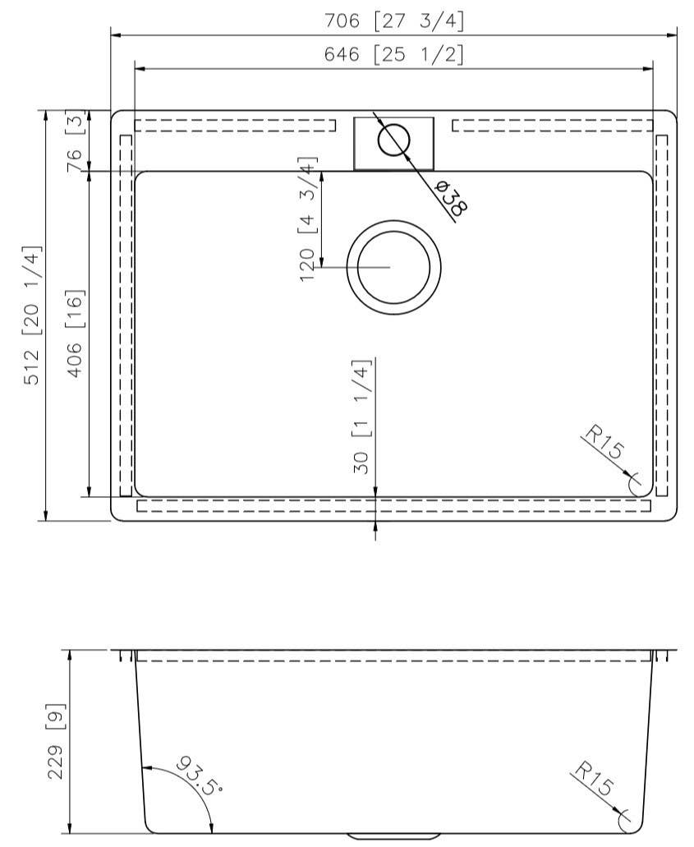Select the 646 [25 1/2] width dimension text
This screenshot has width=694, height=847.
click(394, 55)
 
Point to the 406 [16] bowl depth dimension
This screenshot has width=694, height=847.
click(75, 334)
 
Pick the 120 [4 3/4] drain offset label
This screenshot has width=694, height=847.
click(308, 219)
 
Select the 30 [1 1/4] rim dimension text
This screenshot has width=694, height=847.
click(362, 417)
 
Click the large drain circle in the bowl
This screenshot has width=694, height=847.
click(393, 268)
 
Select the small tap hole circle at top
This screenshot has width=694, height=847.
click(393, 140)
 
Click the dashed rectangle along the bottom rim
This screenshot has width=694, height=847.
click(394, 505)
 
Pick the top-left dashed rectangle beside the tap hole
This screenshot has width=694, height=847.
click(235, 125)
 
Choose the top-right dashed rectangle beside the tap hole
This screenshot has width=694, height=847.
click(553, 125)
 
